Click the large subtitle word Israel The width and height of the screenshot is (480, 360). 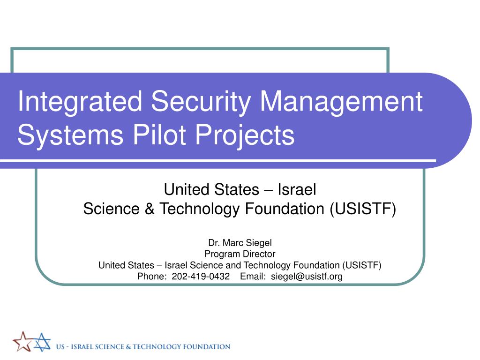pos(297,190)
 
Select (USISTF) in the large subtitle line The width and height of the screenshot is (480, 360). pos(362,209)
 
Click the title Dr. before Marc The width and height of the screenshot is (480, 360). pos(214,243)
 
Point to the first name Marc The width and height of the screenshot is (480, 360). pos(233,243)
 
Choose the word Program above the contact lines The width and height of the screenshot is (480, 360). pos(220,254)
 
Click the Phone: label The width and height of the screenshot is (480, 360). pos(152,277)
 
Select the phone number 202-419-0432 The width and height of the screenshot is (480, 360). pos(201,277)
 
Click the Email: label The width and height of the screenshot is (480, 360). pos(253,277)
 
